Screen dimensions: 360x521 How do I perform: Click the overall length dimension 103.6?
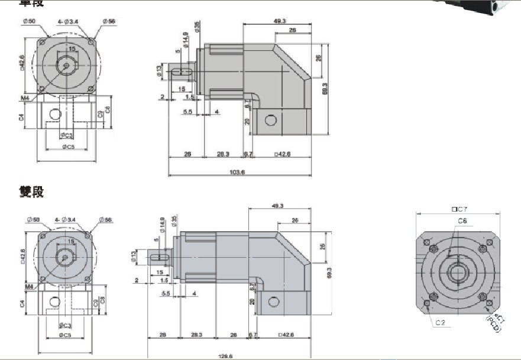(236, 172)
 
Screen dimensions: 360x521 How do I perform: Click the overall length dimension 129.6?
(225, 356)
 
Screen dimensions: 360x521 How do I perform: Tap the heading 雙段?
(31, 192)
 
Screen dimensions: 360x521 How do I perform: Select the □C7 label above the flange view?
(459, 209)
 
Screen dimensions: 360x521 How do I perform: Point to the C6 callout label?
(462, 220)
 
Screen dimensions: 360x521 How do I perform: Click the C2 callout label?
(440, 323)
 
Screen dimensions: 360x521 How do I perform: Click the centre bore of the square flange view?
(459, 274)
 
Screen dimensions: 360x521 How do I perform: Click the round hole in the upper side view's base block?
(271, 121)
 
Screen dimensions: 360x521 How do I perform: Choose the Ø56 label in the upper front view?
(109, 21)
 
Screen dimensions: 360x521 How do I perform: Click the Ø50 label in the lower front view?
(31, 220)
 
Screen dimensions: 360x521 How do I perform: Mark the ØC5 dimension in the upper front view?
(67, 146)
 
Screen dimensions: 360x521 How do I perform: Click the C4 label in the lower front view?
(22, 303)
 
